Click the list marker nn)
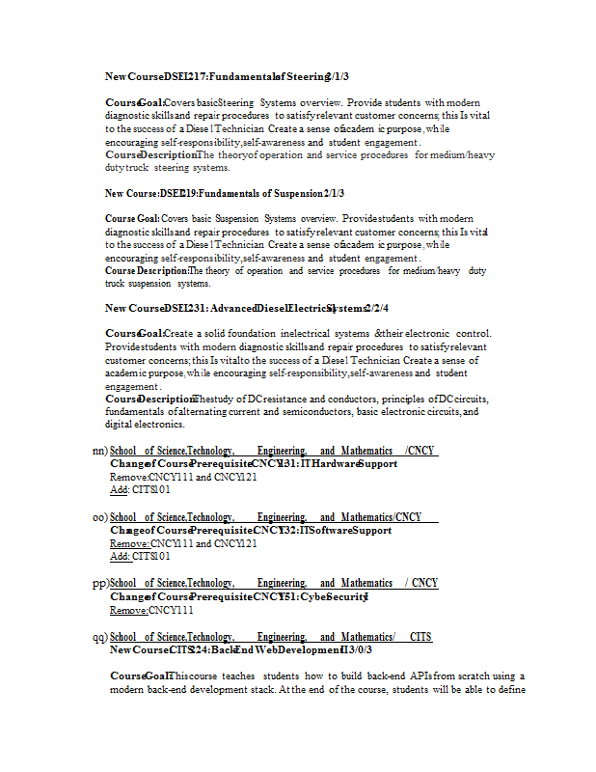98,451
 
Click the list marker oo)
98,517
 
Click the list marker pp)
99,583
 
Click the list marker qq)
99,637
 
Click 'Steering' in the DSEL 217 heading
304,75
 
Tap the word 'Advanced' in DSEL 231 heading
228,309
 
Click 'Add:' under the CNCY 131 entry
120,490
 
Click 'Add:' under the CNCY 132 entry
120,557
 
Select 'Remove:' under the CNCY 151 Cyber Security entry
128,611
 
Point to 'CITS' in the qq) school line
420,637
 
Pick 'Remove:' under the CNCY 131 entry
128,477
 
